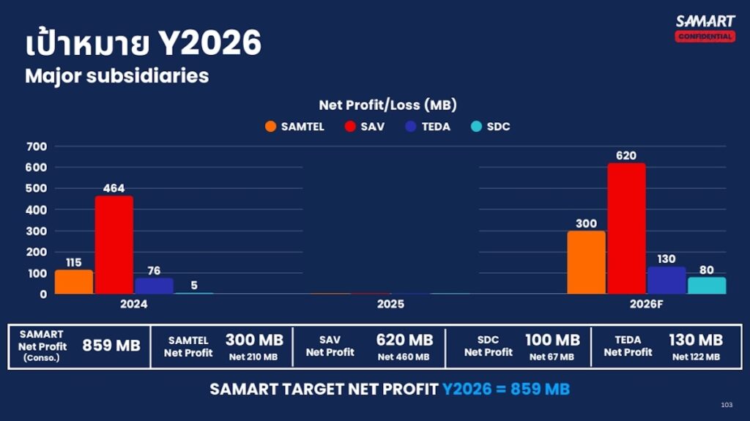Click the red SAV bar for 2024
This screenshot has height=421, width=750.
[x=114, y=245]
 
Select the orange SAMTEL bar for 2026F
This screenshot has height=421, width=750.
[x=586, y=262]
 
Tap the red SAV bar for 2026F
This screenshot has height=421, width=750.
[x=626, y=228]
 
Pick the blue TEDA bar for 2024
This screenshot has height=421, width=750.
[x=154, y=286]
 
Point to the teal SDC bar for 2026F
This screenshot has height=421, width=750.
[x=706, y=285]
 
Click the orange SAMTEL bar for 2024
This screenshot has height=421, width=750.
[x=74, y=282]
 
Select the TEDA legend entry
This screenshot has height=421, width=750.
[x=427, y=127]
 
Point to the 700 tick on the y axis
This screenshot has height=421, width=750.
[x=37, y=146]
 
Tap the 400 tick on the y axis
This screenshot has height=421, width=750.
[x=37, y=210]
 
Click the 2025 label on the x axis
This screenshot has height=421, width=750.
[x=390, y=304]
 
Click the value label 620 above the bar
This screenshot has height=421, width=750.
[x=626, y=155]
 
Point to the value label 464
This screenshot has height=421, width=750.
[x=114, y=188]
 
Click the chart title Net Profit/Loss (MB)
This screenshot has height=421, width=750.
[x=387, y=105]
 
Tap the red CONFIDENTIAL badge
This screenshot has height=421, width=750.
[x=705, y=37]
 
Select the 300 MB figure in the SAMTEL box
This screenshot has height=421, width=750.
[x=254, y=340]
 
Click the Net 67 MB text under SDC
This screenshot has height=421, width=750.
[x=552, y=357]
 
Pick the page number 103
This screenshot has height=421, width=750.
[x=727, y=405]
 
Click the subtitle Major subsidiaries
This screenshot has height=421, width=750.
[x=116, y=75]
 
